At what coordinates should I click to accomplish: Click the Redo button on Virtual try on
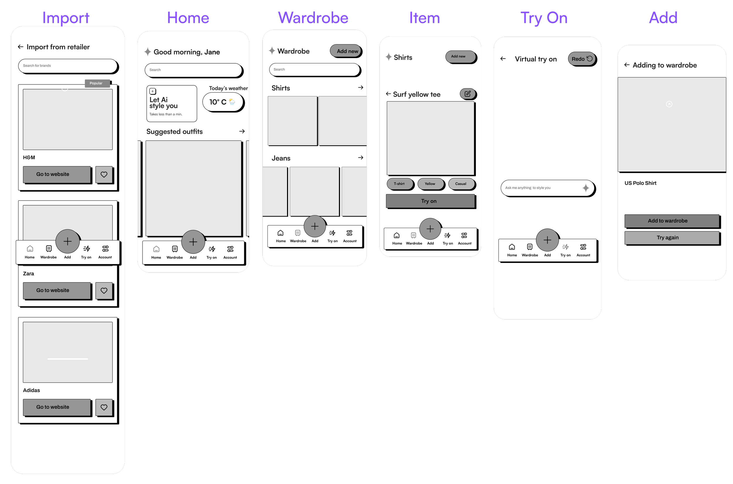click(x=581, y=59)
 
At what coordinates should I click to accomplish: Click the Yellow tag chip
click(x=430, y=184)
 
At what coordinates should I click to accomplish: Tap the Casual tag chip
click(x=461, y=184)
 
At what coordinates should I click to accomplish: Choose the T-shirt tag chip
click(x=399, y=184)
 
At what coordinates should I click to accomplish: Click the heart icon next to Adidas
click(x=104, y=407)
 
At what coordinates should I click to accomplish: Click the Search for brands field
click(x=68, y=66)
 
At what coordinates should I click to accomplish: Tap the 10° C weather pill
click(x=223, y=102)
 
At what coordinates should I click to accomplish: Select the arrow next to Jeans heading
click(x=360, y=158)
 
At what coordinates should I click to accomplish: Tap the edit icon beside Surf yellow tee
click(x=468, y=94)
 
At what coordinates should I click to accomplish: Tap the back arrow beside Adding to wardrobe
click(x=627, y=65)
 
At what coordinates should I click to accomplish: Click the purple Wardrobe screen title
click(x=313, y=18)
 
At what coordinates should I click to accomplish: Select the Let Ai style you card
click(x=172, y=103)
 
